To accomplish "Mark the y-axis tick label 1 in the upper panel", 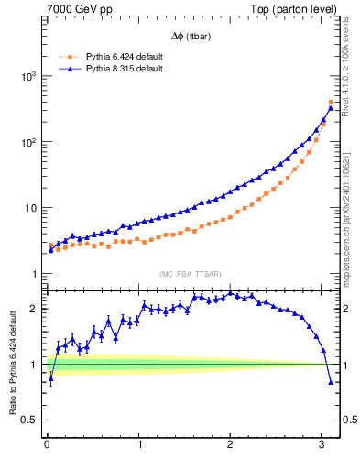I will click(x=34, y=274).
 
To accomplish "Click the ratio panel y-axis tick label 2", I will click(x=34, y=309).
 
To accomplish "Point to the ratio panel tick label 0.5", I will click(x=29, y=420).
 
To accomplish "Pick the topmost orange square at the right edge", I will click(x=331, y=102).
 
